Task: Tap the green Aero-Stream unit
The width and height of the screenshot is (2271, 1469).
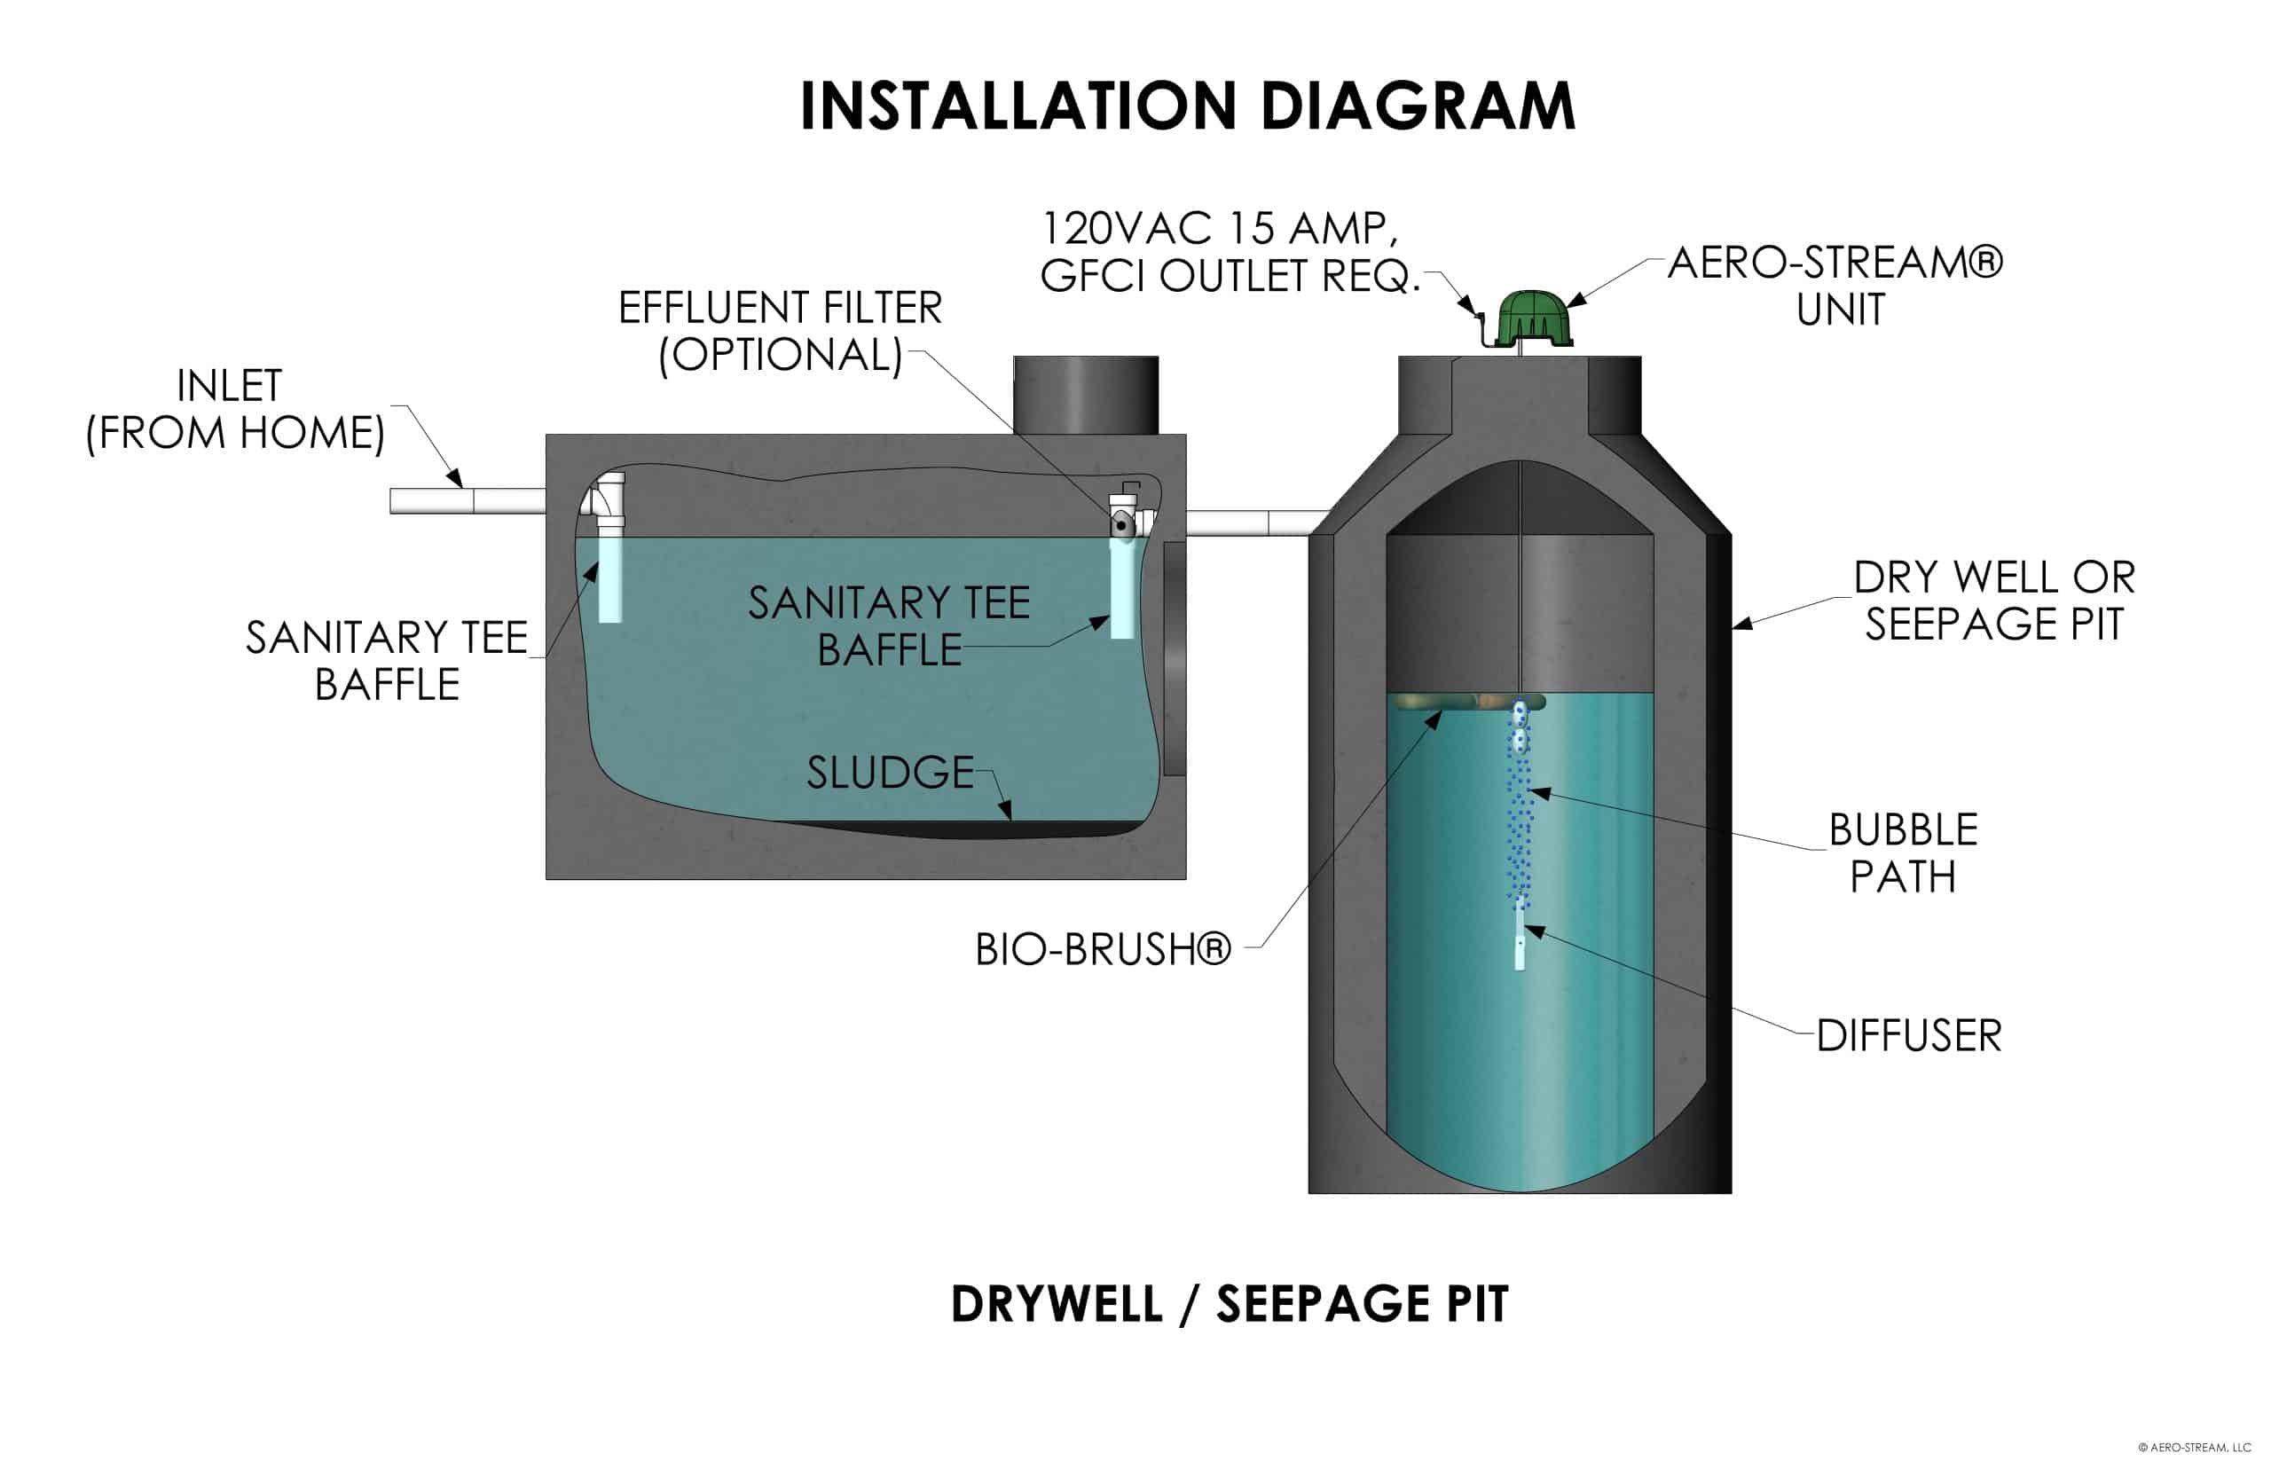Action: [1533, 319]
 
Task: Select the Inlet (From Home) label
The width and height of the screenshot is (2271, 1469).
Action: [233, 409]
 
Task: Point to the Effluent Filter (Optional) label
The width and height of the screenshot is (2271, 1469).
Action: [779, 331]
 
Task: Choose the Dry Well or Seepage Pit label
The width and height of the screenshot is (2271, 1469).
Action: [1993, 601]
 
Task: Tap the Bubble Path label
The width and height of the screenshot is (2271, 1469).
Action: [1903, 852]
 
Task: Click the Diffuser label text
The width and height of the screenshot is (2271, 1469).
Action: [1907, 1036]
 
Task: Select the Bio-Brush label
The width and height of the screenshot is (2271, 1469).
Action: [1103, 949]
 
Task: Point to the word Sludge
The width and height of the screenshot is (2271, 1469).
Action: [890, 773]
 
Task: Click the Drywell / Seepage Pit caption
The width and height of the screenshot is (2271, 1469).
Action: [1229, 1304]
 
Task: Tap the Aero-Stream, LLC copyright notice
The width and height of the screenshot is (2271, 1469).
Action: [2194, 1447]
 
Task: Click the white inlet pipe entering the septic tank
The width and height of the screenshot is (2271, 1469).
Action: [467, 501]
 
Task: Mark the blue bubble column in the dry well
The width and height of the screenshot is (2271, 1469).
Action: [1519, 811]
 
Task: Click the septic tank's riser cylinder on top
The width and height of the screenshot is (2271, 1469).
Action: [1086, 395]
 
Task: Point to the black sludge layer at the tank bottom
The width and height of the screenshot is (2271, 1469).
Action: [963, 829]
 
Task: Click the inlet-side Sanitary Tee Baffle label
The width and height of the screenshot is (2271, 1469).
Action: [386, 660]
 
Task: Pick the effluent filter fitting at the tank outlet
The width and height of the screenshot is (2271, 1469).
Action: [1124, 521]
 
